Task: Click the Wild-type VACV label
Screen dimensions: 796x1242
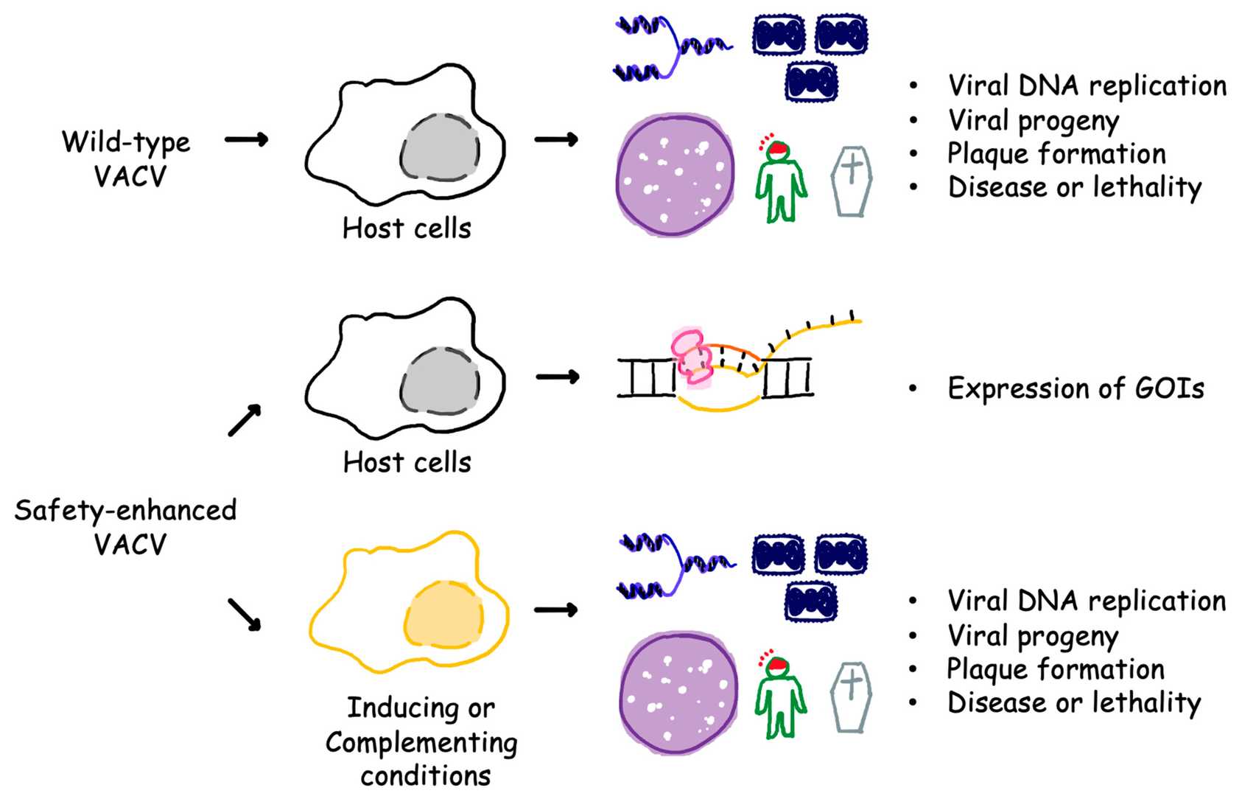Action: pos(127,158)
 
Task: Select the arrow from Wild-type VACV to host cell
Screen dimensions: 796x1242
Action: pos(246,139)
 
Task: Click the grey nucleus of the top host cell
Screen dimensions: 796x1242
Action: pos(440,147)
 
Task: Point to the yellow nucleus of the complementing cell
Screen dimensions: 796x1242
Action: pos(444,615)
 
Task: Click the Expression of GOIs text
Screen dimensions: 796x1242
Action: pos(1075,388)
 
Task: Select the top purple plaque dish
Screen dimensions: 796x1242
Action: pos(676,175)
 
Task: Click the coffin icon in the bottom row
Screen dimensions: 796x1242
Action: pos(851,696)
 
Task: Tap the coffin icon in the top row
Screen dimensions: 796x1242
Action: pos(852,181)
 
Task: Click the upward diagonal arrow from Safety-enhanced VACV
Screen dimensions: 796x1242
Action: pos(245,420)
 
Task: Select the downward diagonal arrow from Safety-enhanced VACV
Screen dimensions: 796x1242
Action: pos(245,614)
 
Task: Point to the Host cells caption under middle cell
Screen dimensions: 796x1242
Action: pos(407,462)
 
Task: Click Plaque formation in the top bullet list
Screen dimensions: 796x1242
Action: pos(1056,154)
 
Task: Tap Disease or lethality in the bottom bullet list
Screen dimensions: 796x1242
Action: pos(1073,702)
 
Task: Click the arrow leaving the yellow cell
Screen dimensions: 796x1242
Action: pos(555,610)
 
